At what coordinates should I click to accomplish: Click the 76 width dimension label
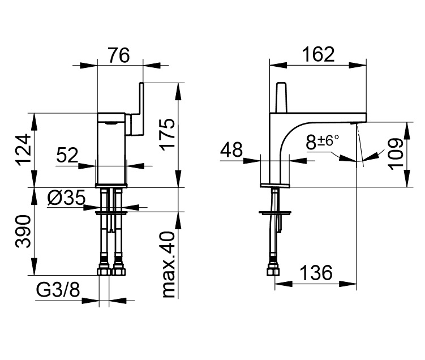(x=119, y=55)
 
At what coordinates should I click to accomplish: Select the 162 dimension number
(x=318, y=54)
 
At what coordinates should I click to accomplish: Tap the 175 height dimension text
(x=168, y=135)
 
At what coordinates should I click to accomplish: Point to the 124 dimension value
(x=23, y=150)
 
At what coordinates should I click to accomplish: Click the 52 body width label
(x=67, y=155)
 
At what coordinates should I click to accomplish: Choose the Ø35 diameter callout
(x=66, y=198)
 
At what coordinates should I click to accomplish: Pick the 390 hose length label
(x=23, y=232)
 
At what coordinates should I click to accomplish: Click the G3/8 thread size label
(x=58, y=290)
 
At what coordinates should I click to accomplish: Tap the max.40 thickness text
(x=169, y=264)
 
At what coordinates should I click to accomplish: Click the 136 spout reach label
(x=316, y=273)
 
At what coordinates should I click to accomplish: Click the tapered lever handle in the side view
(x=281, y=97)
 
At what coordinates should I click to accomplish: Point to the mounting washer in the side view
(x=275, y=213)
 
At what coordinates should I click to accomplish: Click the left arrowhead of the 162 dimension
(x=278, y=65)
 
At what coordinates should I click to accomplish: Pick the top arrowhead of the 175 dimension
(x=178, y=91)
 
